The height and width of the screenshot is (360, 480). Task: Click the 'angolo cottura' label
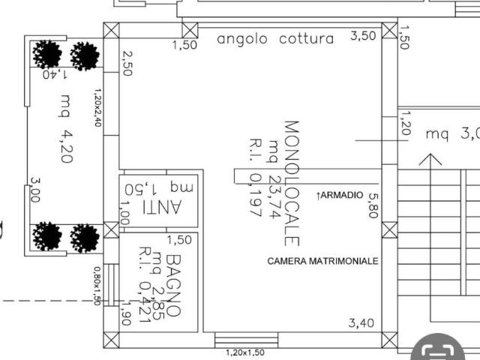(x=275, y=39)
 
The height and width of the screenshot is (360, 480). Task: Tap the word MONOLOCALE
(x=291, y=183)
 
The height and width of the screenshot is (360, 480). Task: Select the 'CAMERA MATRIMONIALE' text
(x=323, y=262)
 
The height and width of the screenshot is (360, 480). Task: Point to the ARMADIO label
(x=340, y=195)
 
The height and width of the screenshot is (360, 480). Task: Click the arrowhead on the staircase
(x=430, y=159)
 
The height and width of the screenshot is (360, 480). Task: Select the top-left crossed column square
(x=111, y=31)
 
